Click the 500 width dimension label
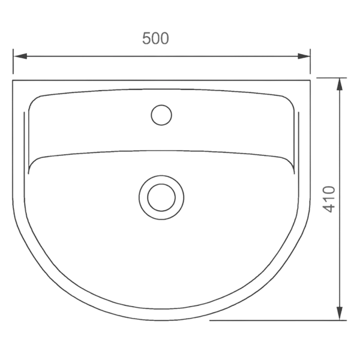pos(155,38)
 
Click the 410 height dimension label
pos(329,199)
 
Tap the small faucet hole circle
pos(161,115)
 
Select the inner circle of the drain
pos(161,197)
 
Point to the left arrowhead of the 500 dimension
pos(20,56)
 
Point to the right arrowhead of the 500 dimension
pos(304,56)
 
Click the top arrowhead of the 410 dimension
pos(340,84)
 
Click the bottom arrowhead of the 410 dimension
pos(340,313)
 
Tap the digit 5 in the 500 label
pos(146,38)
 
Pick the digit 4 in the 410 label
pos(329,208)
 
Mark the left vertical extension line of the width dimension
pos(13,61)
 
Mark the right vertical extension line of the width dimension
pos(310,61)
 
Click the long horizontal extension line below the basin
pos(278,320)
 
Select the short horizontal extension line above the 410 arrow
pos(332,78)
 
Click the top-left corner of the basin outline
pos(13,80)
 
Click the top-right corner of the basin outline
pos(310,80)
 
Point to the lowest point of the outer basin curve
pos(161,320)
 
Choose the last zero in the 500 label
pos(164,38)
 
